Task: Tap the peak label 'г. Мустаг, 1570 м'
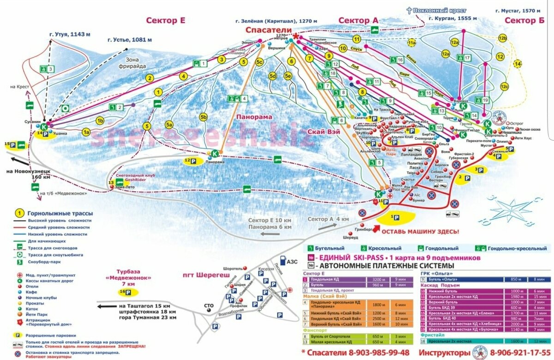[x=518, y=11]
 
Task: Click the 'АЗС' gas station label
[x=292, y=261]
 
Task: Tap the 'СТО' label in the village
[x=209, y=305]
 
